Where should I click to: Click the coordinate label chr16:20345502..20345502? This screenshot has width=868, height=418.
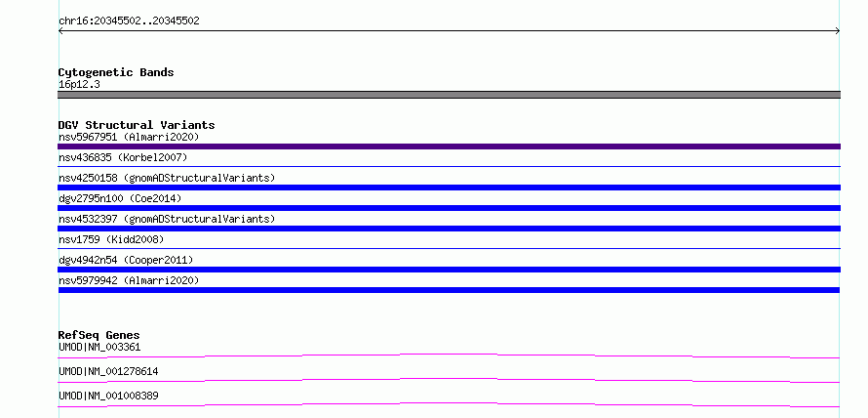click(129, 21)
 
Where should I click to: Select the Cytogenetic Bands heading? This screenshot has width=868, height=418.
click(116, 72)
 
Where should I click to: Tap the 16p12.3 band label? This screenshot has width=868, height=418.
click(79, 85)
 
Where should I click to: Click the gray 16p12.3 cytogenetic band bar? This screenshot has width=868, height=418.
click(449, 95)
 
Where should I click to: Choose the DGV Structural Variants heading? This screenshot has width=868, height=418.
click(137, 125)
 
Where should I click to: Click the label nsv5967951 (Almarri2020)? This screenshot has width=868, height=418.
click(129, 137)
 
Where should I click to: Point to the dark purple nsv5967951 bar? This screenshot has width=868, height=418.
click(449, 146)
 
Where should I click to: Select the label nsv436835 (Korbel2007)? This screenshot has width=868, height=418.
click(123, 157)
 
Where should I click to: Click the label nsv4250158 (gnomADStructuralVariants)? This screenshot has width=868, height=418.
click(167, 178)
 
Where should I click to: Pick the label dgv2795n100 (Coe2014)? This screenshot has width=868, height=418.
click(120, 198)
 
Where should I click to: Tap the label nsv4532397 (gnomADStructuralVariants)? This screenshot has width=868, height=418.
click(167, 219)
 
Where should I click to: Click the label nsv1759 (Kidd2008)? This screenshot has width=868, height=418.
click(111, 239)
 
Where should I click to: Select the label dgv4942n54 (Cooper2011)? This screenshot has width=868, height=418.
click(126, 260)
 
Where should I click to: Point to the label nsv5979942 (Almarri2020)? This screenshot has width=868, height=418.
click(129, 280)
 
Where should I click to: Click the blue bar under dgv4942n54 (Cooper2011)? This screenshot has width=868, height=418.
click(449, 270)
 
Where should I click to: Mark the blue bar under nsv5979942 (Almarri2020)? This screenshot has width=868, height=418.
click(449, 290)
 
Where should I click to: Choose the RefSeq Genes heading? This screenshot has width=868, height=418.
click(99, 335)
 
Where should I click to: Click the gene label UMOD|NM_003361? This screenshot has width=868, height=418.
click(99, 348)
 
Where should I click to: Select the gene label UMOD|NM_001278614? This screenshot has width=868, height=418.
click(108, 371)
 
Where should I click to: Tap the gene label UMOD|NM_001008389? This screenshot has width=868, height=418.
click(108, 396)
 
